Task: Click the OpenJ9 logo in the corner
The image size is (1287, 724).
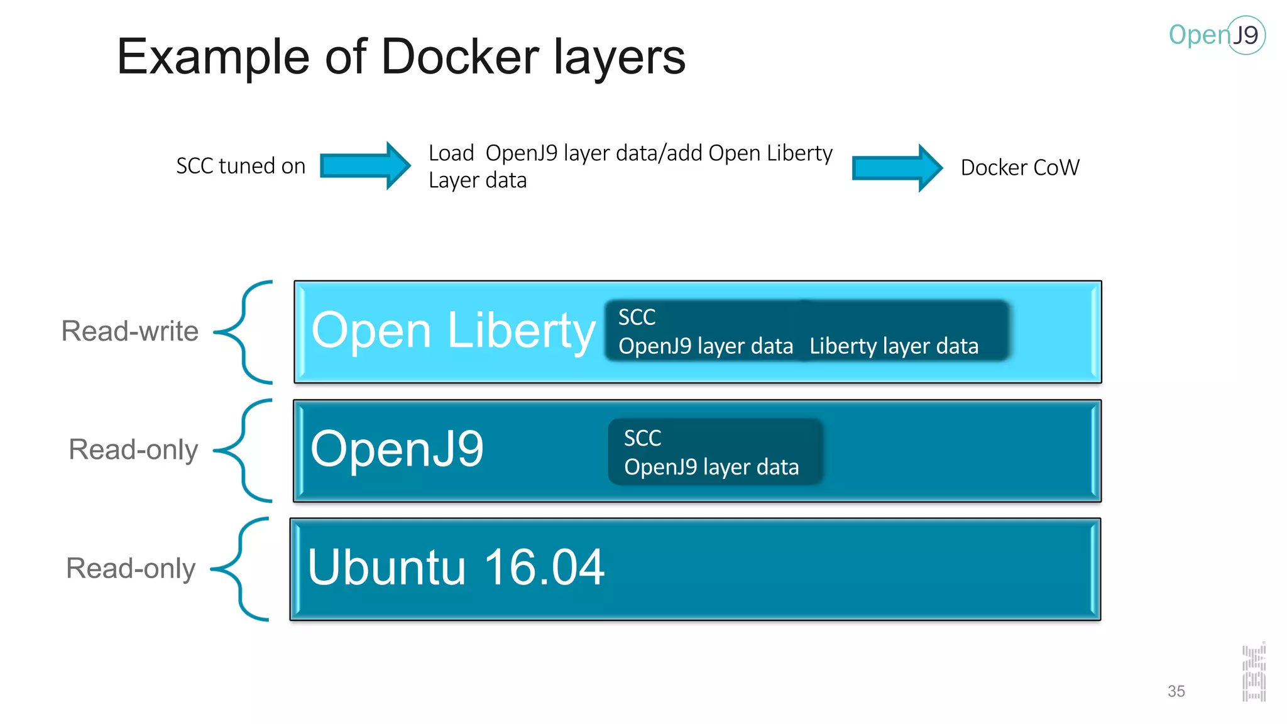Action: coord(1216,35)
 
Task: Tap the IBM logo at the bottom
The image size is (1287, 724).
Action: coord(1253,673)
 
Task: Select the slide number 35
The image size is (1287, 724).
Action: coord(1176,691)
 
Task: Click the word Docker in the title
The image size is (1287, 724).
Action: coord(460,57)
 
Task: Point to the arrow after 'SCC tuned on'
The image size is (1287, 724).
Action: coord(365,166)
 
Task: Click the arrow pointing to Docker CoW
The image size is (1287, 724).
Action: coord(897,168)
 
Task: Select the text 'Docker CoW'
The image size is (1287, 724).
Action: coord(1019,168)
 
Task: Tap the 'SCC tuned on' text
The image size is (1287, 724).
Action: coord(241,166)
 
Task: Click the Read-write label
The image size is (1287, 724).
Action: coord(129,331)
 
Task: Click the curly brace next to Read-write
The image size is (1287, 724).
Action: coord(245,332)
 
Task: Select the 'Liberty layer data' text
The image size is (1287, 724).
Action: coord(894,346)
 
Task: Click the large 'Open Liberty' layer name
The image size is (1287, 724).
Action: coord(452,331)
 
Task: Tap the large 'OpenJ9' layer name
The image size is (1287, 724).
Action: coord(397,449)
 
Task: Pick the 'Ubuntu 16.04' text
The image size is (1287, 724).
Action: coord(456,567)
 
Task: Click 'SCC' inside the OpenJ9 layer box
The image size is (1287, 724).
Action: coord(642,438)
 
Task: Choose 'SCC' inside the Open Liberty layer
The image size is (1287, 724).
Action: coord(637,317)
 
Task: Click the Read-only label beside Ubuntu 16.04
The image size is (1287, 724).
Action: coord(131,569)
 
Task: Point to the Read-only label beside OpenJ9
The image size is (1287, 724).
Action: coord(133,450)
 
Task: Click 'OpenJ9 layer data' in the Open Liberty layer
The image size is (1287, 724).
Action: coord(705,346)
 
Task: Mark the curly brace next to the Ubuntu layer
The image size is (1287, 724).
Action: coord(242,569)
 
